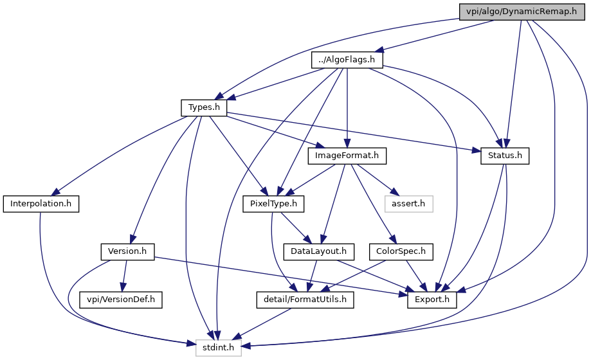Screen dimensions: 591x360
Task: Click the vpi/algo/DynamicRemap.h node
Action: click(x=522, y=12)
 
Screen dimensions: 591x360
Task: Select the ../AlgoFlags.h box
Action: click(x=347, y=60)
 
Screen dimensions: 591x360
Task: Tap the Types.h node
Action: click(x=204, y=108)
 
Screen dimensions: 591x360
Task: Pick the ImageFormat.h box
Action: click(x=347, y=156)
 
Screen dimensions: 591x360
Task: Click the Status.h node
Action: click(x=505, y=156)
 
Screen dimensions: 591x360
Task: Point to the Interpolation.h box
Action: click(x=41, y=204)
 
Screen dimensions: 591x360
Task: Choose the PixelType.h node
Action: click(x=273, y=204)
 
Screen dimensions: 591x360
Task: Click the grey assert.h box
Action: click(x=408, y=204)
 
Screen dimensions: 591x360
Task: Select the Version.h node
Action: click(x=127, y=251)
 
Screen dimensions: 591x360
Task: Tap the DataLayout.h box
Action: click(x=318, y=251)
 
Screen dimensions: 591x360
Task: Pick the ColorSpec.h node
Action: click(x=401, y=251)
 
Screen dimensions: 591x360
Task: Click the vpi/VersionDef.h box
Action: click(x=121, y=300)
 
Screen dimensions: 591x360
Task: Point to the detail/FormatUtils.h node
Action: click(x=305, y=300)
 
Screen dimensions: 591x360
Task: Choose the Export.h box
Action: click(x=432, y=300)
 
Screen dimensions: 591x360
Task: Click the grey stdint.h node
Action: click(x=218, y=348)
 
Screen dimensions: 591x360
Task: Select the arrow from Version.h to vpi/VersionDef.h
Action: click(x=124, y=276)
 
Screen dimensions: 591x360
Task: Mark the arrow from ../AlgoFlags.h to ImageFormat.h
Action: click(x=347, y=108)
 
